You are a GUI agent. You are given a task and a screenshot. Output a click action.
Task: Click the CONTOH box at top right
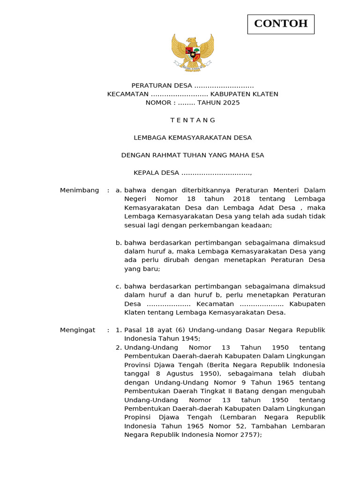click(281, 24)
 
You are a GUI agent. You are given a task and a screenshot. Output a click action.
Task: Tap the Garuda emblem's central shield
click(193, 52)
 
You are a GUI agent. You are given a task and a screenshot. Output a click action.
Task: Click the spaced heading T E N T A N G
click(193, 120)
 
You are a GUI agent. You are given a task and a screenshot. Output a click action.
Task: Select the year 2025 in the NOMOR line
click(231, 103)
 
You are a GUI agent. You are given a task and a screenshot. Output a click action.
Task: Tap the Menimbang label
click(79, 190)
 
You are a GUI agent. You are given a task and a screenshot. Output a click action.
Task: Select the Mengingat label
click(77, 330)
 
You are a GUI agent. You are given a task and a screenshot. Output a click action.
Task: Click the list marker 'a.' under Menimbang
click(119, 190)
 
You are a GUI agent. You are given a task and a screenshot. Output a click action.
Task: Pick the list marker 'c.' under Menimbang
click(119, 286)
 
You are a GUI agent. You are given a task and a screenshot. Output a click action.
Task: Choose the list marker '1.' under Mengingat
click(119, 330)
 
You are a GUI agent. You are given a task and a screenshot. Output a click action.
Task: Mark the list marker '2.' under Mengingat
click(119, 347)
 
